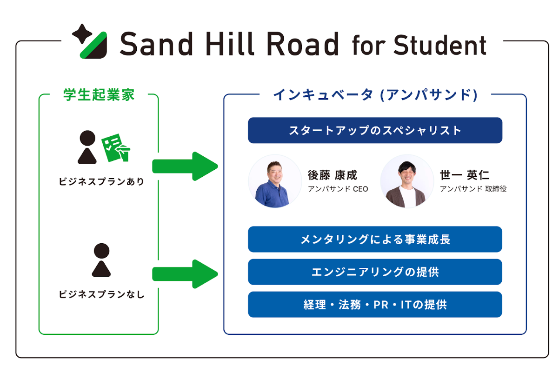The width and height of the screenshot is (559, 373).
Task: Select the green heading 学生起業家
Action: (99, 95)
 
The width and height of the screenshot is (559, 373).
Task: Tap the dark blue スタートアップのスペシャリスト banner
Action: (375, 130)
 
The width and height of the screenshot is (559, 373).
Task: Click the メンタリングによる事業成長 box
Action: (375, 240)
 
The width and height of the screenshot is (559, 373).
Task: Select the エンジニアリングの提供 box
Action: (375, 272)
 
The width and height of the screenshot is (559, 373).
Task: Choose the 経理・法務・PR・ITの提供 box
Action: (375, 305)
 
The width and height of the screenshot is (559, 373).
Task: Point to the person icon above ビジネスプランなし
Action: (101, 260)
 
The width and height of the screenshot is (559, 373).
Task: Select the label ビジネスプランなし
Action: (101, 294)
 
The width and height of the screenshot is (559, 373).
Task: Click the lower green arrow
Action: (185, 274)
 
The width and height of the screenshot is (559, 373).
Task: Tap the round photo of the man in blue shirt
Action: (275, 181)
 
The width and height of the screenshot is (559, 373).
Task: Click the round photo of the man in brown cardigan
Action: (407, 181)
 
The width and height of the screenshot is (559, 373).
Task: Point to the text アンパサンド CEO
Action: (338, 189)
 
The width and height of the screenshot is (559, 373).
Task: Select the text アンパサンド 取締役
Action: (473, 189)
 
